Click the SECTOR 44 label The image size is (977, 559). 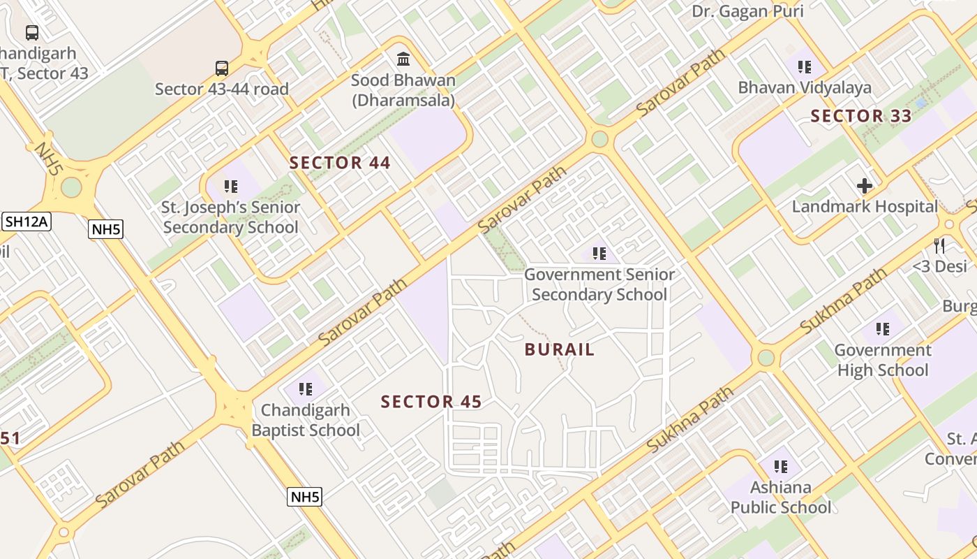pyautogui.click(x=340, y=163)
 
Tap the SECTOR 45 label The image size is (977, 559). pyautogui.click(x=431, y=402)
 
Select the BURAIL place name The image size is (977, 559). pyautogui.click(x=560, y=350)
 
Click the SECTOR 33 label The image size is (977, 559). pyautogui.click(x=861, y=116)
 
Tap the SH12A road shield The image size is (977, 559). pyautogui.click(x=27, y=222)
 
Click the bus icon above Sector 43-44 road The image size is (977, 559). pyautogui.click(x=222, y=68)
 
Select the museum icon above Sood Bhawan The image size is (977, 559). pyautogui.click(x=403, y=59)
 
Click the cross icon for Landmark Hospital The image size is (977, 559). pyautogui.click(x=865, y=186)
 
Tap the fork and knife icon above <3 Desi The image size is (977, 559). pyautogui.click(x=940, y=245)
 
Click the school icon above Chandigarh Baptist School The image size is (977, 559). pyautogui.click(x=305, y=389)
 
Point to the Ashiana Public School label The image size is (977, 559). pyautogui.click(x=781, y=497)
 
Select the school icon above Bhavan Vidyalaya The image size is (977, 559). pyautogui.click(x=805, y=67)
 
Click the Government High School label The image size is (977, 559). pyautogui.click(x=883, y=360)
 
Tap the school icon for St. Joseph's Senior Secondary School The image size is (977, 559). pyautogui.click(x=231, y=187)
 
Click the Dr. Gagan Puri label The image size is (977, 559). pyautogui.click(x=747, y=11)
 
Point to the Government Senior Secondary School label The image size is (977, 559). pyautogui.click(x=599, y=284)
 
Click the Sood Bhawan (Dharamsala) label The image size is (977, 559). pyautogui.click(x=403, y=90)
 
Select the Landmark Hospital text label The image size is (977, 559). pyautogui.click(x=865, y=207)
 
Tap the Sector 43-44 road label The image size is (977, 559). pyautogui.click(x=222, y=89)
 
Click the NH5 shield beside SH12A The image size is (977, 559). pyautogui.click(x=106, y=228)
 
